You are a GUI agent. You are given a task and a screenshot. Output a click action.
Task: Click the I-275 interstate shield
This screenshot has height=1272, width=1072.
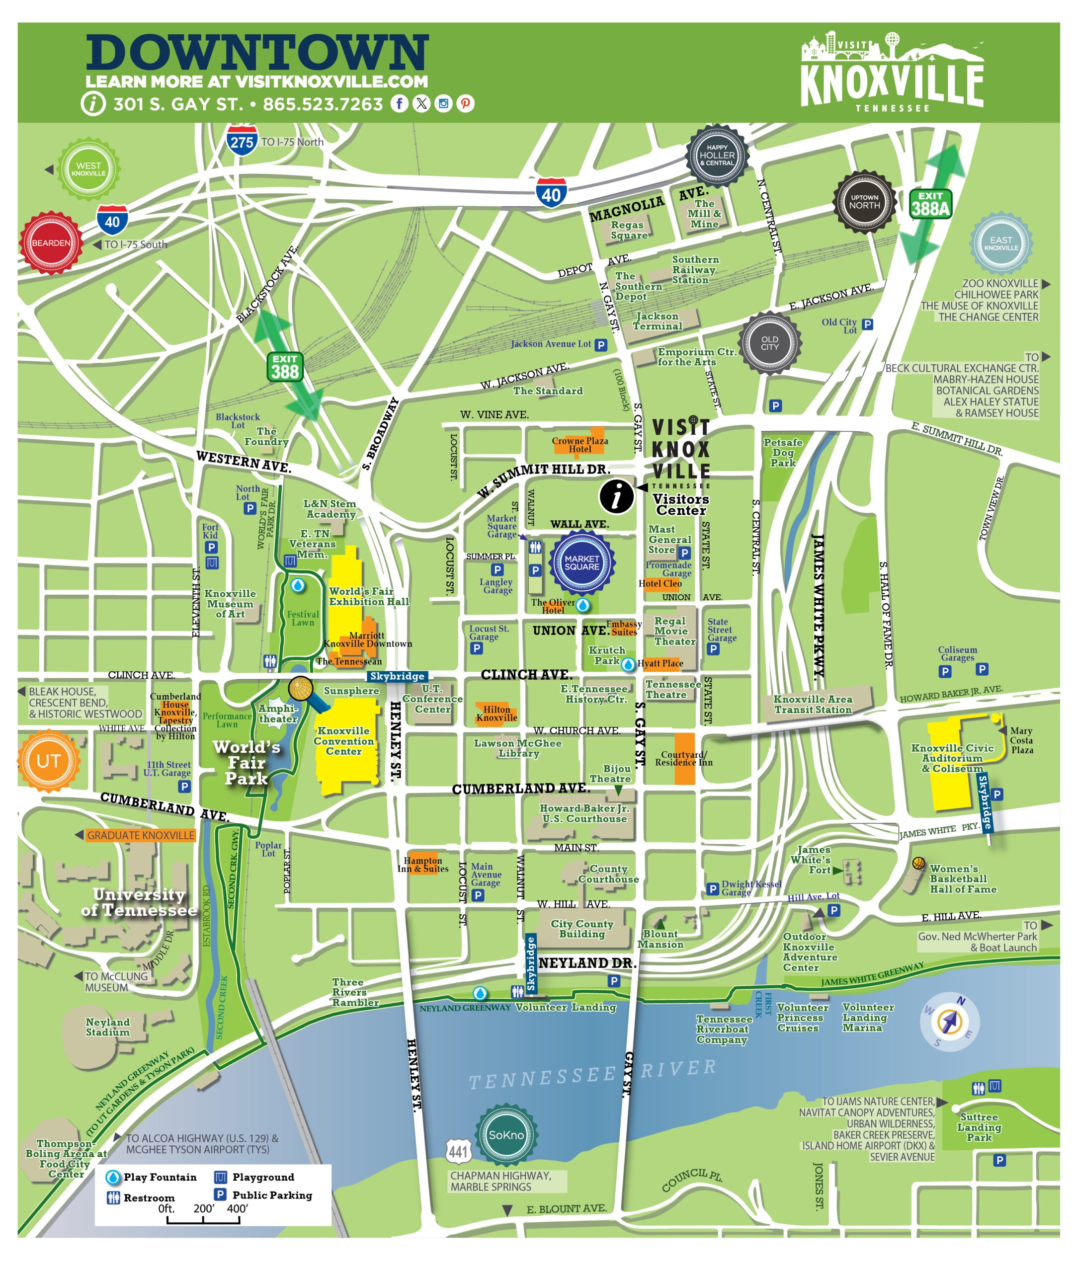pyautogui.click(x=242, y=142)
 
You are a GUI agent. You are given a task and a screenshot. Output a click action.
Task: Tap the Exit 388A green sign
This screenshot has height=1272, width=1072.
pyautogui.click(x=930, y=204)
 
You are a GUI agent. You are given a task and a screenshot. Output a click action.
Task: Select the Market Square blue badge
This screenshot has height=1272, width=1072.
pyautogui.click(x=581, y=562)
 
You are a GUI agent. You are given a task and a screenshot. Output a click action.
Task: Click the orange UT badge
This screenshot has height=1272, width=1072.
pyautogui.click(x=48, y=761)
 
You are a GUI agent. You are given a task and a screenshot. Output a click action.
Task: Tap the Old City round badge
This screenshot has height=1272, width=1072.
pyautogui.click(x=769, y=343)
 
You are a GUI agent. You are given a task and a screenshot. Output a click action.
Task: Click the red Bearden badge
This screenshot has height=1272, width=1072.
pyautogui.click(x=51, y=243)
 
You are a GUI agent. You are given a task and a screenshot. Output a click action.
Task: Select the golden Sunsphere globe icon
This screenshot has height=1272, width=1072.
pyautogui.click(x=300, y=689)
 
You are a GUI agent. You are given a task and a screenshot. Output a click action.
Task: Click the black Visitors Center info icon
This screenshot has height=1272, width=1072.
pyautogui.click(x=616, y=496)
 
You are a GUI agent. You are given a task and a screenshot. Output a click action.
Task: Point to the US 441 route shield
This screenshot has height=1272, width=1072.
pyautogui.click(x=458, y=1151)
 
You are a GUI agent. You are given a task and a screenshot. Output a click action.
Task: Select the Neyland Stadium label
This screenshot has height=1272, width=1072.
pyautogui.click(x=107, y=1027)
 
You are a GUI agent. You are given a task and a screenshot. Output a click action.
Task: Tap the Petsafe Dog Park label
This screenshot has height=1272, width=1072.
pyautogui.click(x=783, y=453)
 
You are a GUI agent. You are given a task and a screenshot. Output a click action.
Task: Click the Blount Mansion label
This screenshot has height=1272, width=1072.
pyautogui.click(x=660, y=939)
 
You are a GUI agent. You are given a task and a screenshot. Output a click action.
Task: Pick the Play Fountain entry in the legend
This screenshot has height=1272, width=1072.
pyautogui.click(x=152, y=1177)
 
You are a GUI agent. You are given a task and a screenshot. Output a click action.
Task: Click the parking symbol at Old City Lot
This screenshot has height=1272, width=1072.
pyautogui.click(x=868, y=324)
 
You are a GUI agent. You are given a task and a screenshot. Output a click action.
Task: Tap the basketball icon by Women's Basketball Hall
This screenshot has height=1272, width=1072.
pyautogui.click(x=918, y=863)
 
